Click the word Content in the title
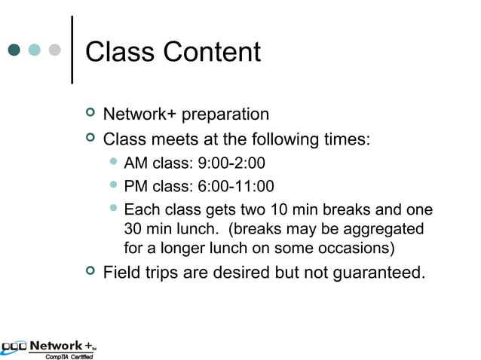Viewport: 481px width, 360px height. [210, 52]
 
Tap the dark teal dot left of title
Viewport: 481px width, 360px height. [14, 50]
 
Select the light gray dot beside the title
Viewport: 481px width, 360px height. [54, 50]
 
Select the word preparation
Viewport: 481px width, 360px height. [223, 115]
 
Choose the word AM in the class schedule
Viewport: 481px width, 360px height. [136, 163]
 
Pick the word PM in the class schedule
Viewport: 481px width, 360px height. [136, 186]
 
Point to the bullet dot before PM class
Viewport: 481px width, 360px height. [113, 185]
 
